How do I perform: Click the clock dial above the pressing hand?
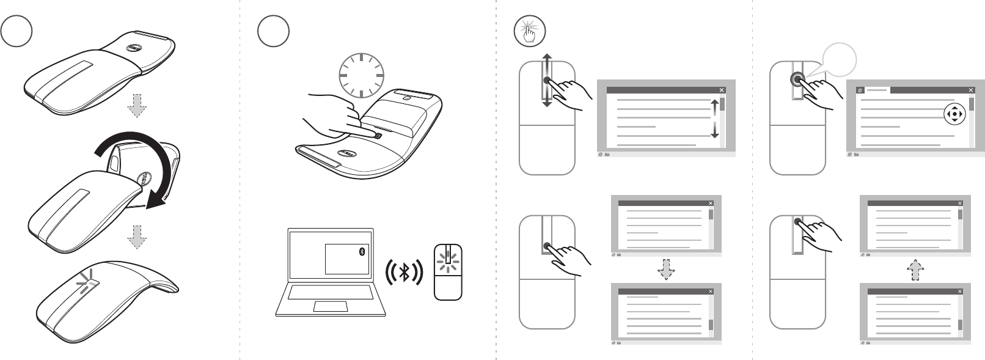click(361, 75)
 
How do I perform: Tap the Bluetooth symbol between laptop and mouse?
click(404, 272)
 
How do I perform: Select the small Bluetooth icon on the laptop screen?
click(362, 252)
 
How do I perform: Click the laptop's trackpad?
click(330, 306)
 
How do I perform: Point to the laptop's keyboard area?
click(330, 292)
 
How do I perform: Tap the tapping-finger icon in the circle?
click(529, 31)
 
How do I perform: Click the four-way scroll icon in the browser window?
click(954, 114)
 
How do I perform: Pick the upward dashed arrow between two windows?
click(915, 270)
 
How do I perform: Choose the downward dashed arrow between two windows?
click(666, 270)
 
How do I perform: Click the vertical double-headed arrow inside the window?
click(714, 119)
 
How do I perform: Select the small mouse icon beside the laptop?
click(448, 273)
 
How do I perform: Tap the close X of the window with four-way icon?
click(971, 90)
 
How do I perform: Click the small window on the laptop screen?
click(346, 259)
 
